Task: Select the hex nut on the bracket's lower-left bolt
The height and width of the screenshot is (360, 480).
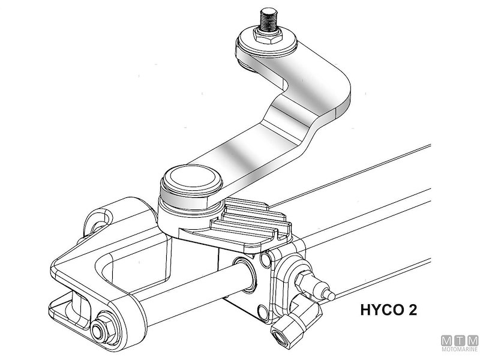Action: click(x=99, y=330)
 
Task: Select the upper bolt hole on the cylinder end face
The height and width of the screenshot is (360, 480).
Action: click(x=263, y=260)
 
